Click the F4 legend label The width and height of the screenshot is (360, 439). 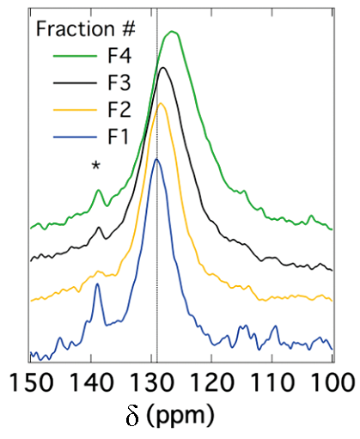(x=119, y=56)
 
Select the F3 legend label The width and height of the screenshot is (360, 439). (x=119, y=82)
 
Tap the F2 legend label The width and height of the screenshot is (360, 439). (x=119, y=110)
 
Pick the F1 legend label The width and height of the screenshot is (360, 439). (x=119, y=137)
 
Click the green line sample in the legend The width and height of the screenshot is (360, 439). (x=75, y=56)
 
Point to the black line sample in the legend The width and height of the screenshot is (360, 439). (x=75, y=83)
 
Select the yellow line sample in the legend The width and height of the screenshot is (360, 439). (x=75, y=110)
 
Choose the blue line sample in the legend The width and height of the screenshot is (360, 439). (x=75, y=137)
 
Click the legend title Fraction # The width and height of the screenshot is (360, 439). (x=85, y=28)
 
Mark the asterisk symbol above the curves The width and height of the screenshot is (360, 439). (x=96, y=165)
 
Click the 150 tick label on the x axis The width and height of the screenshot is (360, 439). (x=32, y=382)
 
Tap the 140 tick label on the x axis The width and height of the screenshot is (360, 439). (x=92, y=382)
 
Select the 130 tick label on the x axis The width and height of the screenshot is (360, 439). (x=152, y=382)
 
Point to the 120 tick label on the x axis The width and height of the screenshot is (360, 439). (x=212, y=382)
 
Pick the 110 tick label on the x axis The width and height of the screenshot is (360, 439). (x=272, y=382)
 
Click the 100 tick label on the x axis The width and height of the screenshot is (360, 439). (x=333, y=382)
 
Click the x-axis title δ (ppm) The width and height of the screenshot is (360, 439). (x=170, y=416)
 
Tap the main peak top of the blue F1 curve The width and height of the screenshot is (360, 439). (x=156, y=159)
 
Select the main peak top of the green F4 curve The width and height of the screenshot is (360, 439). (x=172, y=31)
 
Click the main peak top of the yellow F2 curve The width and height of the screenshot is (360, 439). (x=161, y=103)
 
